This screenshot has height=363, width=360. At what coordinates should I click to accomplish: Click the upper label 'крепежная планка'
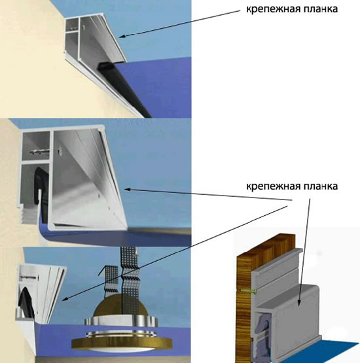coord(292,10)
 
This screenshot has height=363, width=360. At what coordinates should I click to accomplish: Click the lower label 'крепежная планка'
coord(292,186)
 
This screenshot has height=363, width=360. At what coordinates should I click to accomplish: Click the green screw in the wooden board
coord(249,291)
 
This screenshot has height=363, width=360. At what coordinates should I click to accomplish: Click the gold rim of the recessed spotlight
coord(122,343)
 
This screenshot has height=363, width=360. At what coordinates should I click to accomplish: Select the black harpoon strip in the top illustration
coord(125,89)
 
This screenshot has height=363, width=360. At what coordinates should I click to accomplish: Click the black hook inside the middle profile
coord(41,184)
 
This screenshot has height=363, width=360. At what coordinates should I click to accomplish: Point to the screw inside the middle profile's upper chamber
coord(40,151)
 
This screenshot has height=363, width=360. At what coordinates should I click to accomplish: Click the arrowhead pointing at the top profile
coord(122,37)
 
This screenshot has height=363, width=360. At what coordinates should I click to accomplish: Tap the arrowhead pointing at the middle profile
coord(127,190)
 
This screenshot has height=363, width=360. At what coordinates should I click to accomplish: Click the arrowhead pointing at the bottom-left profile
coord(65,300)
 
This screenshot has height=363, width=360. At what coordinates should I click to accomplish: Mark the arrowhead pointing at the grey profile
coord(299,303)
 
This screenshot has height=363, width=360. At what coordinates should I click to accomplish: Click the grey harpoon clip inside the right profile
coord(262,334)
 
